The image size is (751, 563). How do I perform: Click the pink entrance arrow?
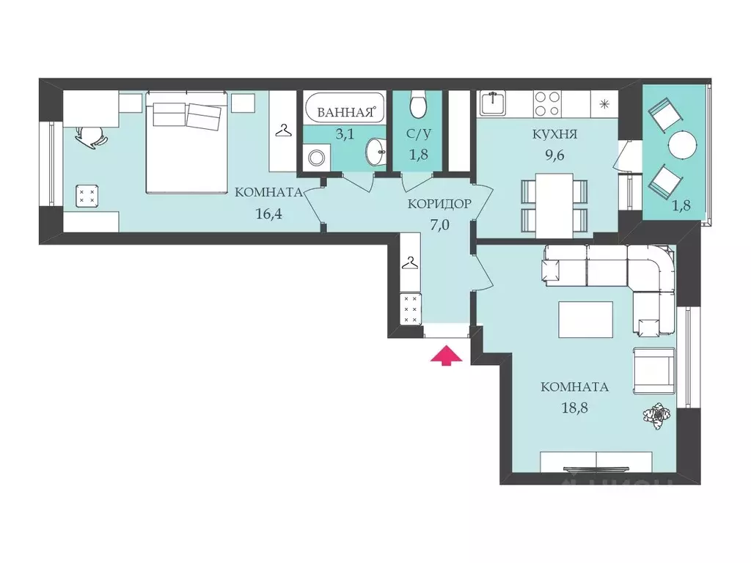(x=446, y=356)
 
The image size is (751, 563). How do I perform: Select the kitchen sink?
(x=493, y=103)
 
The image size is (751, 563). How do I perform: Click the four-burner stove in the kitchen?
(x=547, y=103)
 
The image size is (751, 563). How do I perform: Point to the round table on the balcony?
(x=682, y=144)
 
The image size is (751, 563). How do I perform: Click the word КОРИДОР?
(x=439, y=204)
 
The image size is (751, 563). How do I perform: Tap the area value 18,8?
(x=574, y=408)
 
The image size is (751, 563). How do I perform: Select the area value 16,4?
(x=268, y=213)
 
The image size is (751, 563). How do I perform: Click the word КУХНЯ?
(x=554, y=134)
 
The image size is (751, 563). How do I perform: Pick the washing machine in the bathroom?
(x=315, y=157)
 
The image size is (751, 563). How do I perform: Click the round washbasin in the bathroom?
(x=376, y=152)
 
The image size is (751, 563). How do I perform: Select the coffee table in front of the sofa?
(x=585, y=320)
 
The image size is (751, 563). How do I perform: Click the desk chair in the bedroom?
(x=92, y=136)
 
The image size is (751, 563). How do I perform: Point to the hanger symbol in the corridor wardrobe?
(x=409, y=263)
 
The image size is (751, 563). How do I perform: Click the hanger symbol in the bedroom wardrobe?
(x=284, y=130)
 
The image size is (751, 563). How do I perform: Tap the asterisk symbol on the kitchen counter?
(x=604, y=103)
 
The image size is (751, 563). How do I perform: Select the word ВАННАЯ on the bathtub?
(x=345, y=113)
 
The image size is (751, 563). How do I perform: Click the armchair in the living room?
(x=654, y=370)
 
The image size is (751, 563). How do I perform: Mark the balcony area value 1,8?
(x=681, y=205)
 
